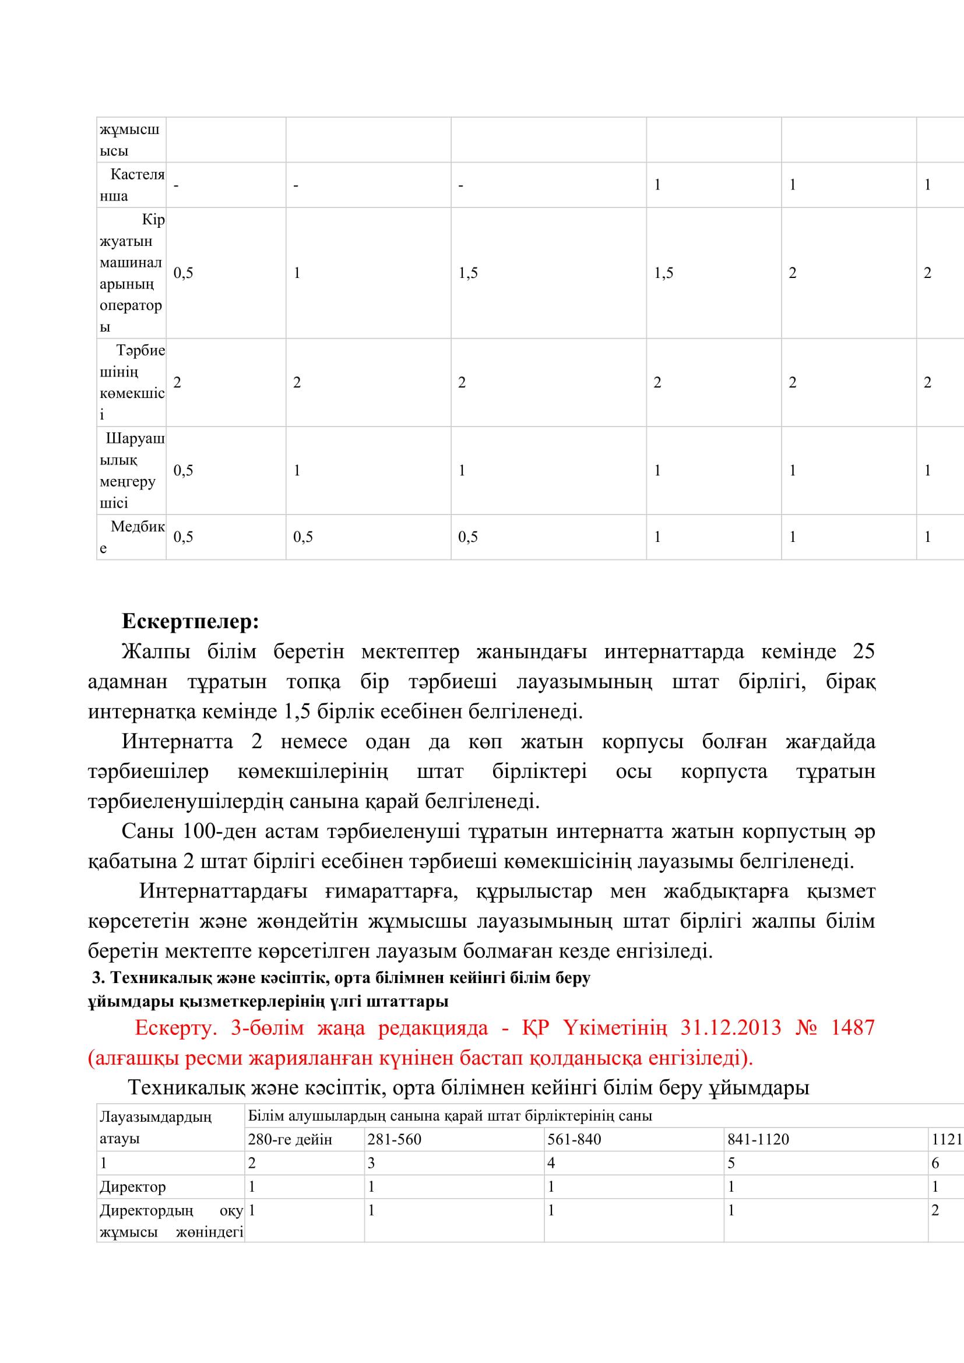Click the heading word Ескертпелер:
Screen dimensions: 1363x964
(191, 622)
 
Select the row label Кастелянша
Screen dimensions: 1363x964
(132, 185)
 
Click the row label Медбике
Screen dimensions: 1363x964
(132, 537)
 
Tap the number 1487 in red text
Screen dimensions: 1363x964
(853, 1027)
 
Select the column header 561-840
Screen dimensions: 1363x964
(574, 1139)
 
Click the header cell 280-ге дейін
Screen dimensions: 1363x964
(290, 1140)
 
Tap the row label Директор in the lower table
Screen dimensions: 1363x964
(132, 1186)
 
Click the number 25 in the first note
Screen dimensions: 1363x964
(863, 652)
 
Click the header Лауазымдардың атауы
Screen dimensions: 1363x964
(156, 1128)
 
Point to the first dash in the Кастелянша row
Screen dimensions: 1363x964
(175, 185)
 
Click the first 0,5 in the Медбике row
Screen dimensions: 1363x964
(184, 537)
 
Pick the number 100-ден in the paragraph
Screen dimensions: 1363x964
(219, 832)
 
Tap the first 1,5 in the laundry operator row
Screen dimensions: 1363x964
(468, 273)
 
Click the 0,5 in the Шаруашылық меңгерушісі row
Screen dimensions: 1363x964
(184, 471)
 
